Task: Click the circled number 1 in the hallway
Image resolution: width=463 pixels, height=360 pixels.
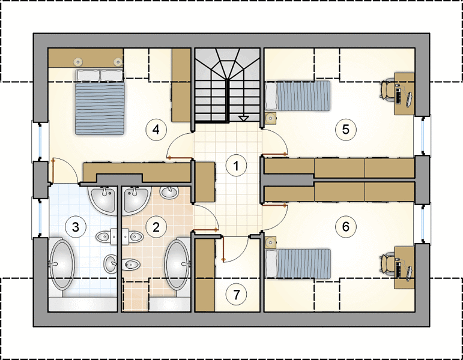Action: [236, 166]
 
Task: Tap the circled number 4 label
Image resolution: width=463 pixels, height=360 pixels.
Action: [156, 129]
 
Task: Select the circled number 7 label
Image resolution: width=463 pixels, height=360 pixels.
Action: [236, 294]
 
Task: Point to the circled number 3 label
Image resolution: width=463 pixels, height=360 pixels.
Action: [76, 227]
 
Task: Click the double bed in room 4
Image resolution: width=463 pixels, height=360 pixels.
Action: [100, 102]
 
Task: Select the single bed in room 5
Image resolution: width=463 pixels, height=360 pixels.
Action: [298, 96]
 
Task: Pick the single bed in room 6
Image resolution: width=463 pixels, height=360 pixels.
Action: [298, 263]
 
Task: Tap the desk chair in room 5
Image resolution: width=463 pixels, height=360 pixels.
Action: [387, 89]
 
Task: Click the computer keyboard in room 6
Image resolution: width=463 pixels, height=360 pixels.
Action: [398, 269]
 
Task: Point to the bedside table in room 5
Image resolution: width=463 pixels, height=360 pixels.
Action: [270, 118]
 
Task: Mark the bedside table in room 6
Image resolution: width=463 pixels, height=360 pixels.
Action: [270, 242]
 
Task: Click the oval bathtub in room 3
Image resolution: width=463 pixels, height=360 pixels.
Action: [62, 265]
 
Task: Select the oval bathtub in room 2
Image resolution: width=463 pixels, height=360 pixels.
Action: [178, 265]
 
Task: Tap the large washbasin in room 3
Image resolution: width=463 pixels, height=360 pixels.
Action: [103, 199]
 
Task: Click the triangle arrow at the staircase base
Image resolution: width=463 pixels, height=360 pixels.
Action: [243, 119]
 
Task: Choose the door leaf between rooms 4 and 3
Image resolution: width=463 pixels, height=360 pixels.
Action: [53, 171]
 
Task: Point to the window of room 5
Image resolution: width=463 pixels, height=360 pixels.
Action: [423, 136]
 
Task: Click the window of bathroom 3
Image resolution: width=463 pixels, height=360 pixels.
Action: [40, 218]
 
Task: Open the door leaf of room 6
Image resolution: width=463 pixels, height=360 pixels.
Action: [274, 205]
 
